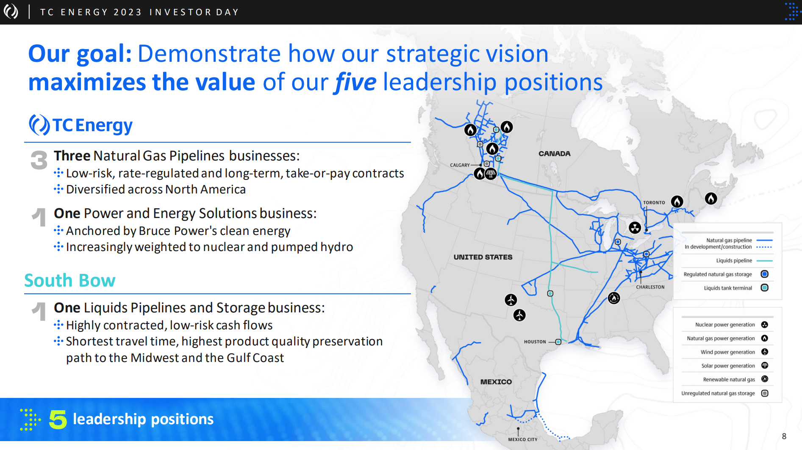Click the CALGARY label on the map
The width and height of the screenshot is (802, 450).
tap(460, 165)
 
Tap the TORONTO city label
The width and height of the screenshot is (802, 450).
tap(654, 203)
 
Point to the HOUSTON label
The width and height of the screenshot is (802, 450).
tap(535, 342)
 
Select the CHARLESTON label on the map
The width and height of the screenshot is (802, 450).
tap(650, 287)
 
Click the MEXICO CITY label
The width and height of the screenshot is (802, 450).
tap(523, 439)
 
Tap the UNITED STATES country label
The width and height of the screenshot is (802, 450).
tap(483, 257)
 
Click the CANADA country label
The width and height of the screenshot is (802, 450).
tap(555, 154)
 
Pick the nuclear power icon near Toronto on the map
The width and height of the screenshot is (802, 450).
tap(635, 228)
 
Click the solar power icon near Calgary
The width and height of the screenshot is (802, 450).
tap(491, 174)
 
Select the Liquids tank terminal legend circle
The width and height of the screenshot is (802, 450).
tap(765, 288)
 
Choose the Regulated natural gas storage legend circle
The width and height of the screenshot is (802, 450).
tap(765, 274)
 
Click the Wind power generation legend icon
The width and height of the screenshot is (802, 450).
tap(765, 352)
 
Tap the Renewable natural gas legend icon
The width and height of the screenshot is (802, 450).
tap(765, 379)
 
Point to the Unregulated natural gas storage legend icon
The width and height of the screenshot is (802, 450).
tap(765, 393)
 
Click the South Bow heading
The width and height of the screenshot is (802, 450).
tap(70, 280)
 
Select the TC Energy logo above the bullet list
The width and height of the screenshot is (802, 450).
tap(81, 125)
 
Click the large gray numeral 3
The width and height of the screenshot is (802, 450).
tap(39, 160)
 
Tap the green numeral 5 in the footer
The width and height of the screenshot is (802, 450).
tap(58, 419)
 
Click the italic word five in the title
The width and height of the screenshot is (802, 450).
tap(355, 82)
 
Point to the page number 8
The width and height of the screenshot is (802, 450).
tap(784, 436)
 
